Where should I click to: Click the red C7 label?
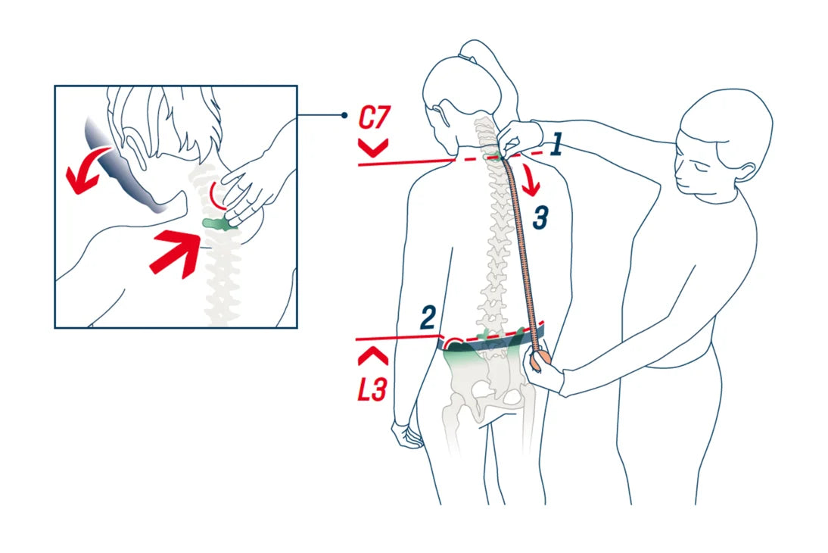tap(374, 118)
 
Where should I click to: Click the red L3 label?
tap(372, 389)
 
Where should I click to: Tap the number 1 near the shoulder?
tap(556, 145)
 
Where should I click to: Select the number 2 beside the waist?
tap(428, 317)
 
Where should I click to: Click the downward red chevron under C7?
tap(373, 148)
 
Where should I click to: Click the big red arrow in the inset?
tap(175, 253)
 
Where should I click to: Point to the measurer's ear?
tap(745, 172)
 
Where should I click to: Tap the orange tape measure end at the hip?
tap(540, 360)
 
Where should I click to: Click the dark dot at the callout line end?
tap(344, 115)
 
